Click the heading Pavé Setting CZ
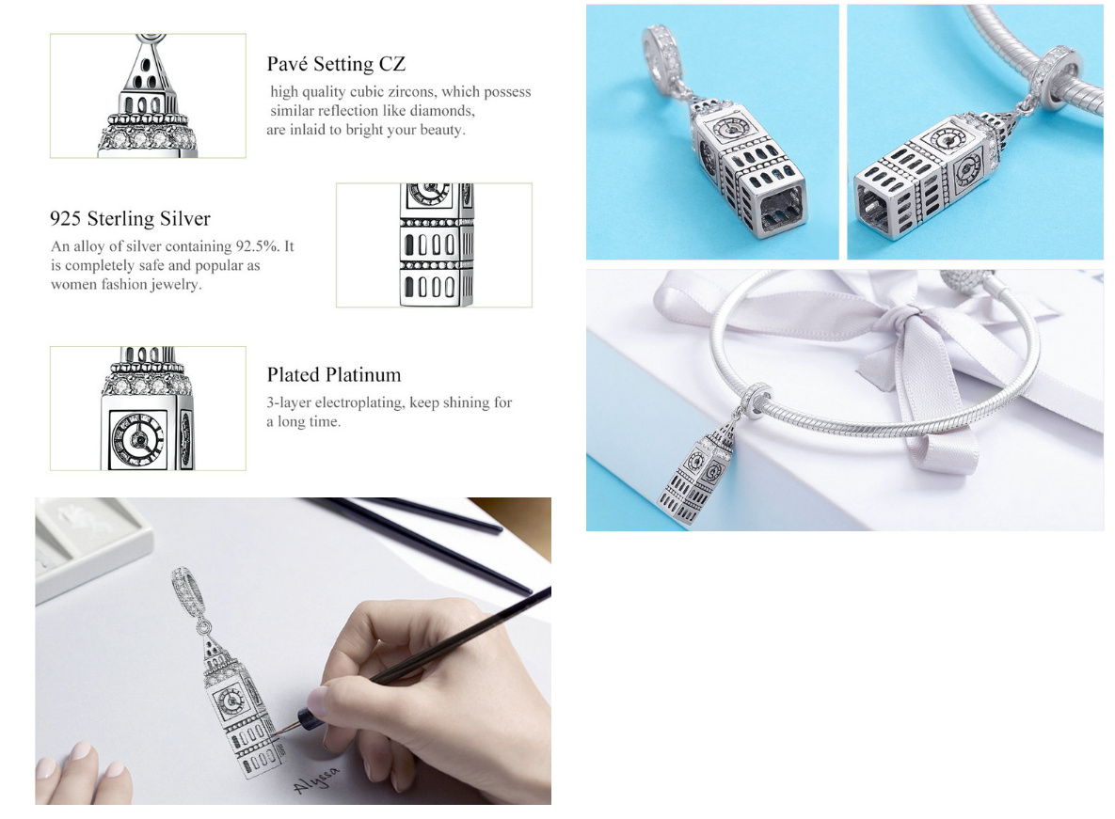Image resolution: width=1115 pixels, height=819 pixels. click(x=336, y=64)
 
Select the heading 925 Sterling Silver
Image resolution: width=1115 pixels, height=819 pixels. click(x=130, y=219)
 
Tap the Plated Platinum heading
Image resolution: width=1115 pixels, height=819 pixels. click(x=334, y=375)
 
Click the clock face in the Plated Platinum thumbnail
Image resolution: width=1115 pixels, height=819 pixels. click(x=138, y=438)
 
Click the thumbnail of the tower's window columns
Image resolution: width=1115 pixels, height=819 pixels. click(x=434, y=245)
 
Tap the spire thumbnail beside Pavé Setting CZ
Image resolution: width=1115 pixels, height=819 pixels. click(x=148, y=95)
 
